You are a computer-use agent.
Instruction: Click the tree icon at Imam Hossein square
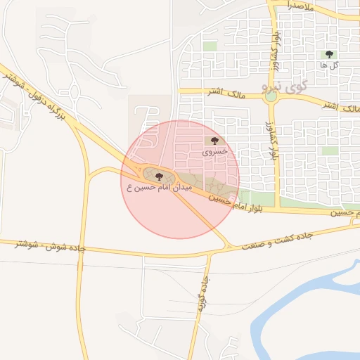(160, 176)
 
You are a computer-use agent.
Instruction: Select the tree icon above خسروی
(214, 141)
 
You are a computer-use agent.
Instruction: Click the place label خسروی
(215, 151)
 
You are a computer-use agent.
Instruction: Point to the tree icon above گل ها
(328, 54)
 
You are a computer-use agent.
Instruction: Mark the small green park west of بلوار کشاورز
(210, 46)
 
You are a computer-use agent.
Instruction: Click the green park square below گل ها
(330, 150)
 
